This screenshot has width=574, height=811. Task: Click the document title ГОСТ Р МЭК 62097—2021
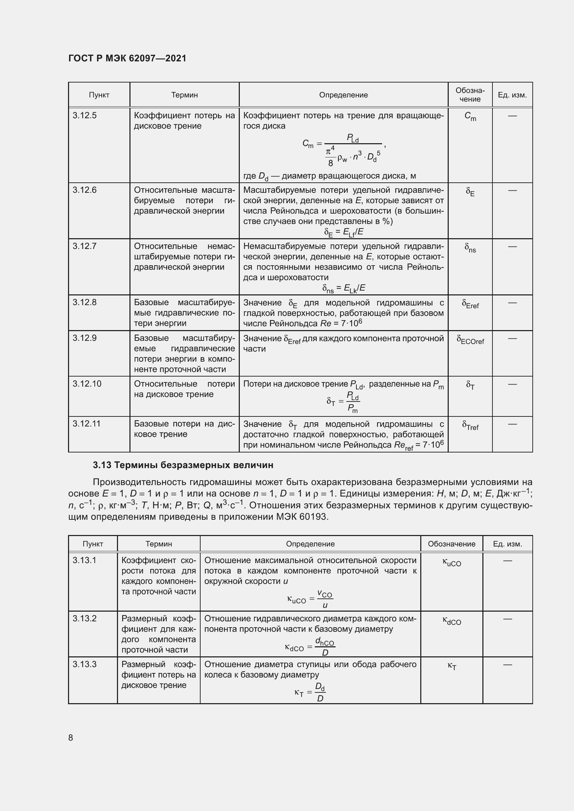pyautogui.click(x=127, y=58)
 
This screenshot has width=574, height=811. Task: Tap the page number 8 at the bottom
pyautogui.click(x=71, y=737)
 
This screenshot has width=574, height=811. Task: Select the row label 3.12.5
pyautogui.click(x=84, y=115)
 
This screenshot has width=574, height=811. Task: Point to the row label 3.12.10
pyautogui.click(x=87, y=384)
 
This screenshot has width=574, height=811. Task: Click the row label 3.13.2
pyautogui.click(x=84, y=619)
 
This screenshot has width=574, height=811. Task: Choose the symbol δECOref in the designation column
pyautogui.click(x=470, y=340)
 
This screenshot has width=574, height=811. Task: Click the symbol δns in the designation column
pyautogui.click(x=470, y=248)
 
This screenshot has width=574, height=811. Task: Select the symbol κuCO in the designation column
pyautogui.click(x=452, y=562)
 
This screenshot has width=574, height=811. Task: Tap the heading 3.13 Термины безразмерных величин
pyautogui.click(x=183, y=465)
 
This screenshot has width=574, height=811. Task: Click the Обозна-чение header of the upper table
pyautogui.click(x=470, y=95)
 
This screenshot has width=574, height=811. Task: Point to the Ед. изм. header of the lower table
pyautogui.click(x=508, y=544)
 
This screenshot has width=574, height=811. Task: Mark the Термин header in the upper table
pyautogui.click(x=185, y=95)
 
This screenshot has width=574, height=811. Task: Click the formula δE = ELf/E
pyautogui.click(x=344, y=232)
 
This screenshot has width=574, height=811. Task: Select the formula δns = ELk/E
pyautogui.click(x=344, y=288)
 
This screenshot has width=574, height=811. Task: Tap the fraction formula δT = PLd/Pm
pyautogui.click(x=343, y=402)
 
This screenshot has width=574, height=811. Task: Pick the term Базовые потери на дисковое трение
pyautogui.click(x=184, y=429)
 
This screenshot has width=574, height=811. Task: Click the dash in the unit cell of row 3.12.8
pyautogui.click(x=512, y=303)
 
